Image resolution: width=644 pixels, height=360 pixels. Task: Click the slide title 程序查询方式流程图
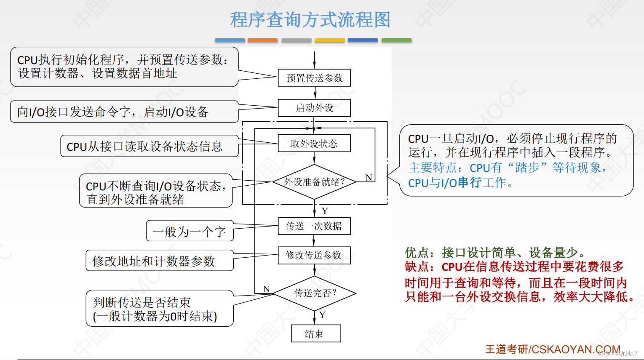(310, 20)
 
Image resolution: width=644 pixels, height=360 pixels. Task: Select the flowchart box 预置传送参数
(314, 78)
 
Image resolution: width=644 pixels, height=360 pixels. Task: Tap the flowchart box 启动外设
(314, 108)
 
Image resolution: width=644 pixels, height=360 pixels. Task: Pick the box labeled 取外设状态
(314, 144)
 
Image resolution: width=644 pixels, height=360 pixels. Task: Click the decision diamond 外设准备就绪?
(314, 182)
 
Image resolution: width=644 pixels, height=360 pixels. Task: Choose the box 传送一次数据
(314, 226)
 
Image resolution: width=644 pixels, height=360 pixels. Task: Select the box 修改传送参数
(314, 255)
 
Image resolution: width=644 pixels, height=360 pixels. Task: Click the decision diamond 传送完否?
(315, 293)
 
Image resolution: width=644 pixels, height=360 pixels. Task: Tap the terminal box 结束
(316, 334)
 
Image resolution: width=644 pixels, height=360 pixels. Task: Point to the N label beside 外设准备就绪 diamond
(369, 177)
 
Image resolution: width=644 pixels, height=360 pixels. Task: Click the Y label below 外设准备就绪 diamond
(325, 211)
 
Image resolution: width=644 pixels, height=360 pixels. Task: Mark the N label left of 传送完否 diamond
(266, 289)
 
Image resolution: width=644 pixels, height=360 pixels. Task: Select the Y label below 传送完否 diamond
(322, 315)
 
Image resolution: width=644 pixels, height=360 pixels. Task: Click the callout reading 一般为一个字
(190, 231)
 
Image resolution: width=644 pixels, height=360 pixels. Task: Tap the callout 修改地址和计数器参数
(154, 261)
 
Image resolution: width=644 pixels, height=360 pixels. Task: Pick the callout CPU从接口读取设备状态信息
(145, 146)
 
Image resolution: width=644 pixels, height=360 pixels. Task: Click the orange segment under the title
(262, 40)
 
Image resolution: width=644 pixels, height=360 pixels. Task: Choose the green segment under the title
(396, 40)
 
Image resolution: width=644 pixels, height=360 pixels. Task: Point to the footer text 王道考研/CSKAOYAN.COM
(553, 349)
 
